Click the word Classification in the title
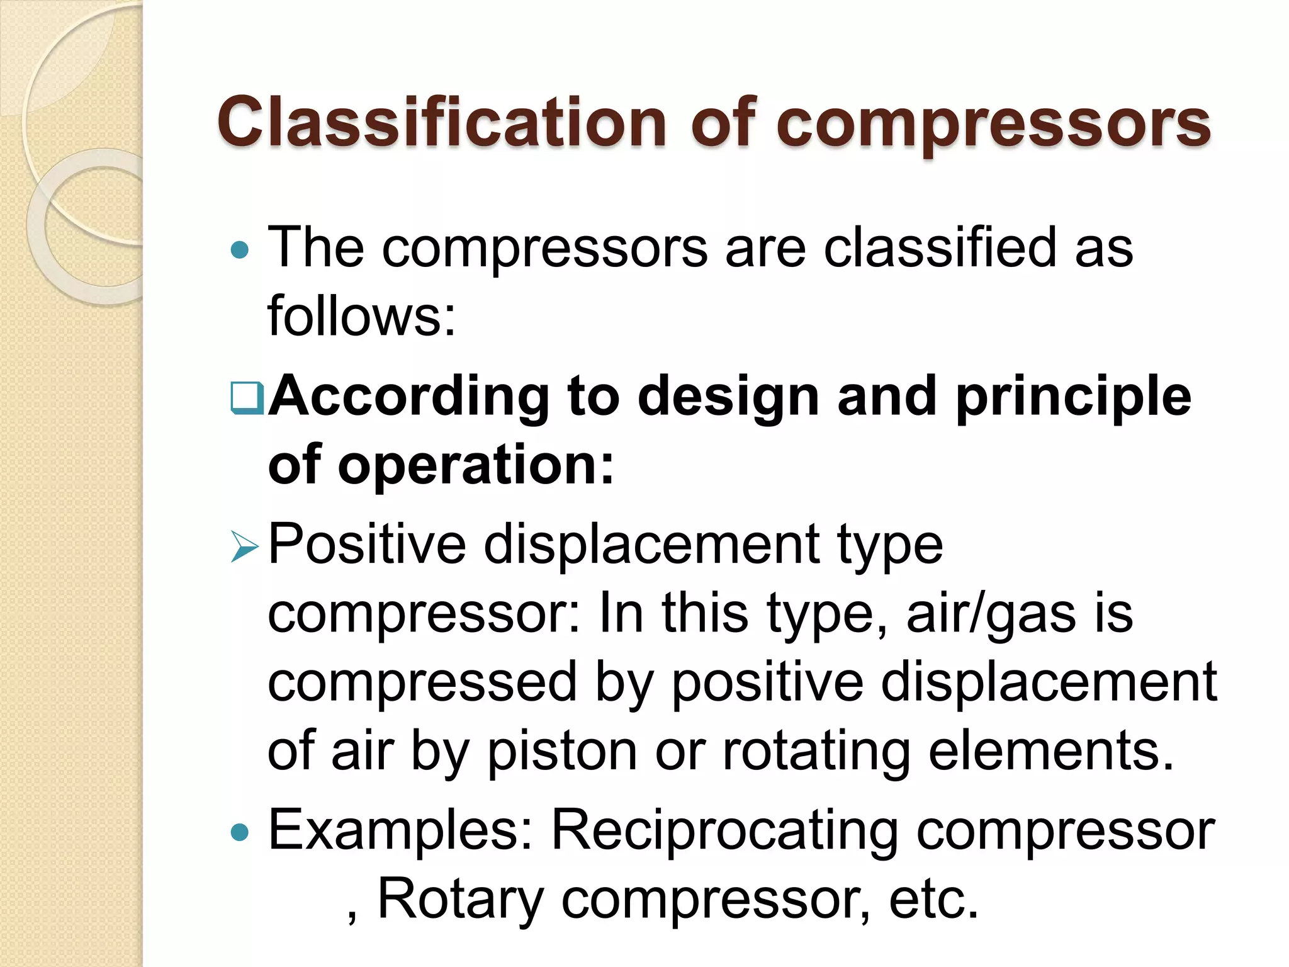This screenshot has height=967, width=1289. pyautogui.click(x=441, y=122)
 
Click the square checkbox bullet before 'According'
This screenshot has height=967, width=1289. pyautogui.click(x=247, y=398)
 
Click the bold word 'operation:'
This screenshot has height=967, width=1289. pyautogui.click(x=475, y=465)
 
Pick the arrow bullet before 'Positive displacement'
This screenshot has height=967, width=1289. pyautogui.click(x=244, y=546)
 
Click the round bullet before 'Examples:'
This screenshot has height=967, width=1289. pyautogui.click(x=240, y=834)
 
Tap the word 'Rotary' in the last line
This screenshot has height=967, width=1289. pyautogui.click(x=460, y=900)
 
